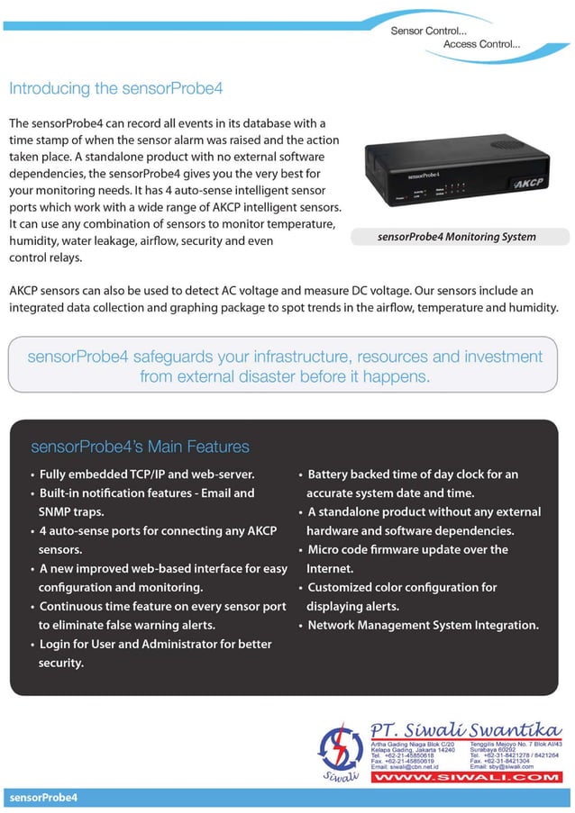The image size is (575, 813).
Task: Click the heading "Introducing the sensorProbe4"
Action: point(115,88)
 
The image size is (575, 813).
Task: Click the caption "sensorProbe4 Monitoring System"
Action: point(457,238)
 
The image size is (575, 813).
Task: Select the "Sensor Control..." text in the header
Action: point(428,32)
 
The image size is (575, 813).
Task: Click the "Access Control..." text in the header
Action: point(481,43)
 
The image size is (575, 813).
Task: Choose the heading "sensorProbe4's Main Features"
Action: point(140,447)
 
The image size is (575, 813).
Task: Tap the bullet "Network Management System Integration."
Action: point(423,625)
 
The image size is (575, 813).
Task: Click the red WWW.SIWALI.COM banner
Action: point(466,776)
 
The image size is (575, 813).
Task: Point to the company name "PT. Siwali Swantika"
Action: point(466,728)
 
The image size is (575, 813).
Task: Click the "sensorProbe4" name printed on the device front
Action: point(421,173)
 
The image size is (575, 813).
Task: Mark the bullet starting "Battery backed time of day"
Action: point(413,474)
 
